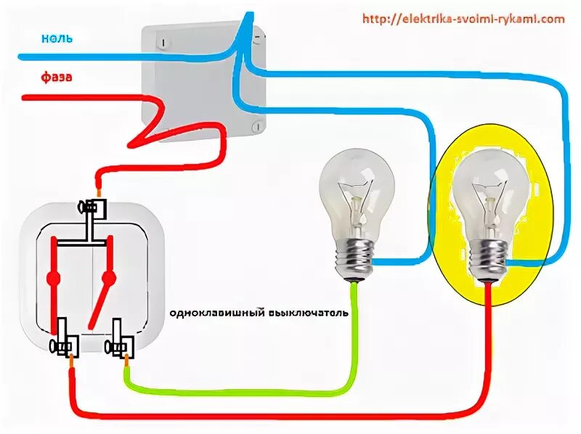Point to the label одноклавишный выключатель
[259, 314]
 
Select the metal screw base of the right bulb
[489, 261]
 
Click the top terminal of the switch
[92, 208]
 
